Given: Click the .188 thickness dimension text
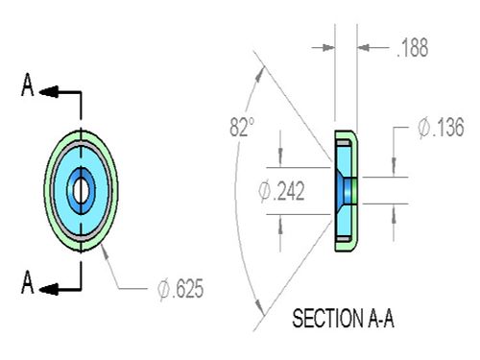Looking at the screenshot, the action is (412, 48).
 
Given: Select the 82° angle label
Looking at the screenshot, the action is (242, 127).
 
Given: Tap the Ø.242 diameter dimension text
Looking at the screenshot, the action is (281, 191).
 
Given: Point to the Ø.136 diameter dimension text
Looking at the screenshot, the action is (441, 128).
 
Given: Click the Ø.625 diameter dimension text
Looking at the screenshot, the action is (180, 289).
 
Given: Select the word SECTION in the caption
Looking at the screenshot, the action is (327, 319).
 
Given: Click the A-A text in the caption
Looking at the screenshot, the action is (381, 319).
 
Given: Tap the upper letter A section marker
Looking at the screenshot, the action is (28, 84).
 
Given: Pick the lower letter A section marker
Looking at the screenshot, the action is (28, 282).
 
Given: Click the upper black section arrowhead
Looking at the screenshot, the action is (49, 92).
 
